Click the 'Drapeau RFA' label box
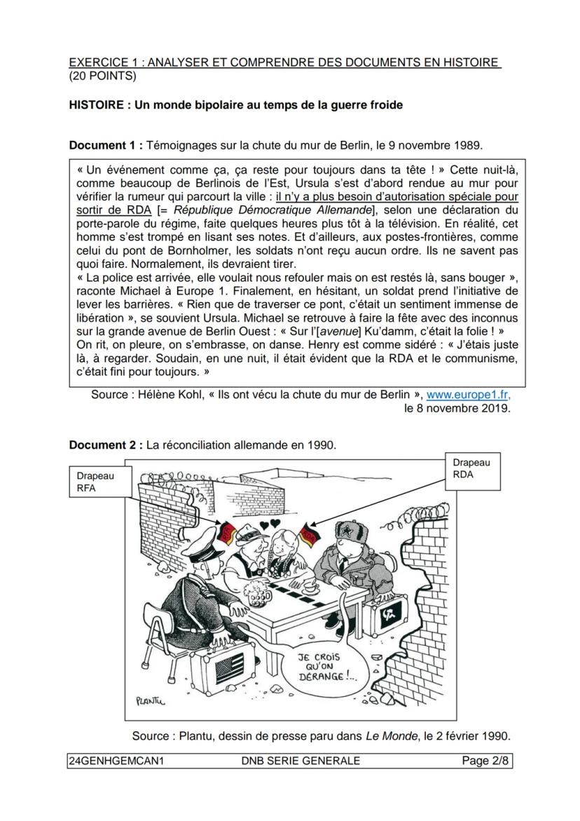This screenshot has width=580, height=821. tap(95, 482)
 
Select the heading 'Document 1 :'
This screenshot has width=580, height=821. tap(106, 145)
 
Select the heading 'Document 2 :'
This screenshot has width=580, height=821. tap(106, 445)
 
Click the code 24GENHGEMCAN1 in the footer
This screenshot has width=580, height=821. tap(116, 761)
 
